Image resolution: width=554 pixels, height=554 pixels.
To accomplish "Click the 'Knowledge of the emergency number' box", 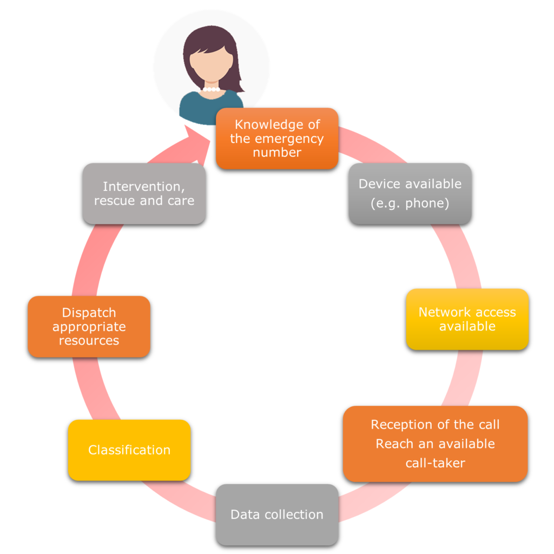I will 277,138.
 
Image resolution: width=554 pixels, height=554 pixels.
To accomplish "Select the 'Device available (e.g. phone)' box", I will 410,194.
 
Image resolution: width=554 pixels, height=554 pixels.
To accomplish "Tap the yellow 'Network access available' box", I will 467,319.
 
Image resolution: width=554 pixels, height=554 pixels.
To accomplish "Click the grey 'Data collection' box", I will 277,515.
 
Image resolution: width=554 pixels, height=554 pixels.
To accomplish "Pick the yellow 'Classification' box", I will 129,450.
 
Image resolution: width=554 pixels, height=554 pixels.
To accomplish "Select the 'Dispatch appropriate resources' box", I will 89,327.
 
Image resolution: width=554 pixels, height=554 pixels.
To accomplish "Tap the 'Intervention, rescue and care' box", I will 144,194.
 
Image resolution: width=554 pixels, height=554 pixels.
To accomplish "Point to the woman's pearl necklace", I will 210,89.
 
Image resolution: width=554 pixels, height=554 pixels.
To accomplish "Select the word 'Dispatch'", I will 89,313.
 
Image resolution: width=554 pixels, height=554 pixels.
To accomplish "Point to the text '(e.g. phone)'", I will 410,204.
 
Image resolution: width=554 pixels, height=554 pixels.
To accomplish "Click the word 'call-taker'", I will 435,463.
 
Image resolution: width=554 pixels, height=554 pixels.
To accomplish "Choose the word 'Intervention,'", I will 144,187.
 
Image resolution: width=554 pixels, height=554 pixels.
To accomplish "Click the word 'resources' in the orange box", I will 89,341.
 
